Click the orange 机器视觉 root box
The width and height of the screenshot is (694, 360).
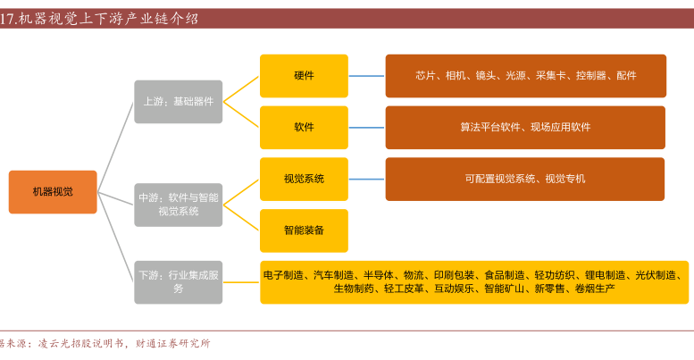pos(53,192)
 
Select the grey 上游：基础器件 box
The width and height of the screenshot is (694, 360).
pos(178,102)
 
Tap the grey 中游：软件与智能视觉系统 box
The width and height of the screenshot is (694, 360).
pos(178,205)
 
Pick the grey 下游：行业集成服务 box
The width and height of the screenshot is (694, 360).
pos(178,282)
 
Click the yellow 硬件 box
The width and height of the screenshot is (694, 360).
pos(304,76)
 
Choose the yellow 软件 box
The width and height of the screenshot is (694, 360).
pos(304,128)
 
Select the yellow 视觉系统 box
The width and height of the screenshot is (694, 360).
pos(304,179)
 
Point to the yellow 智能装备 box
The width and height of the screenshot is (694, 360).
pos(304,230)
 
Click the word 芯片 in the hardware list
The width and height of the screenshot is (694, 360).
pos(425,76)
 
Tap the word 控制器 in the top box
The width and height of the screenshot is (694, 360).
pos(590,76)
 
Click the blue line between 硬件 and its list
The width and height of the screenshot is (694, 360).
pos(366,76)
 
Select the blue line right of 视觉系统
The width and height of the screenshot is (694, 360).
pos(366,179)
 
